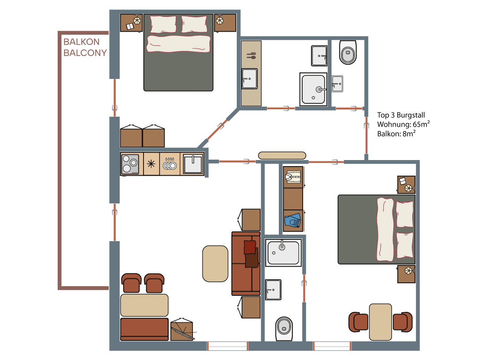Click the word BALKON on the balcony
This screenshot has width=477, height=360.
click(81, 42)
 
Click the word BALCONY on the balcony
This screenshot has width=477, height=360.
click(85, 53)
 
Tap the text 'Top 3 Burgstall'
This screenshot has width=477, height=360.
click(401, 115)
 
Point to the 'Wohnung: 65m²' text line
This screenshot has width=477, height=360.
click(403, 124)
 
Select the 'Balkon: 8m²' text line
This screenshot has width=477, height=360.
click(396, 134)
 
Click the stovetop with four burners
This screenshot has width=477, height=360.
click(130, 164)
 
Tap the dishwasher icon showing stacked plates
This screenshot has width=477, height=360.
click(170, 164)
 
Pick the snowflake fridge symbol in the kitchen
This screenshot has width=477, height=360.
click(151, 164)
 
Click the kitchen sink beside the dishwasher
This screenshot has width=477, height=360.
click(193, 164)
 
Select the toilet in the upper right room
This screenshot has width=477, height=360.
click(348, 52)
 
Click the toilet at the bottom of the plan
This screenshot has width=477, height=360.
click(284, 329)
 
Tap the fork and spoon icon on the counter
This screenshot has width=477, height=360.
click(251, 56)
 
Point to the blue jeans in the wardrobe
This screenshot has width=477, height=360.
click(293, 220)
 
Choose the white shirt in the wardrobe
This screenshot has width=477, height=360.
click(293, 177)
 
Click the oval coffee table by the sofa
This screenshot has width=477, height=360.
click(216, 264)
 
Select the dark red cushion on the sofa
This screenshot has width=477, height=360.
click(250, 247)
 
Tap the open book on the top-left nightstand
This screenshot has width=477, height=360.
click(130, 27)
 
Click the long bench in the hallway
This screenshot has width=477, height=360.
click(282, 156)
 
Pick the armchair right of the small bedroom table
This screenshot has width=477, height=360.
click(402, 322)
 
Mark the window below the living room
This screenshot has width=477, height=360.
click(228, 346)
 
